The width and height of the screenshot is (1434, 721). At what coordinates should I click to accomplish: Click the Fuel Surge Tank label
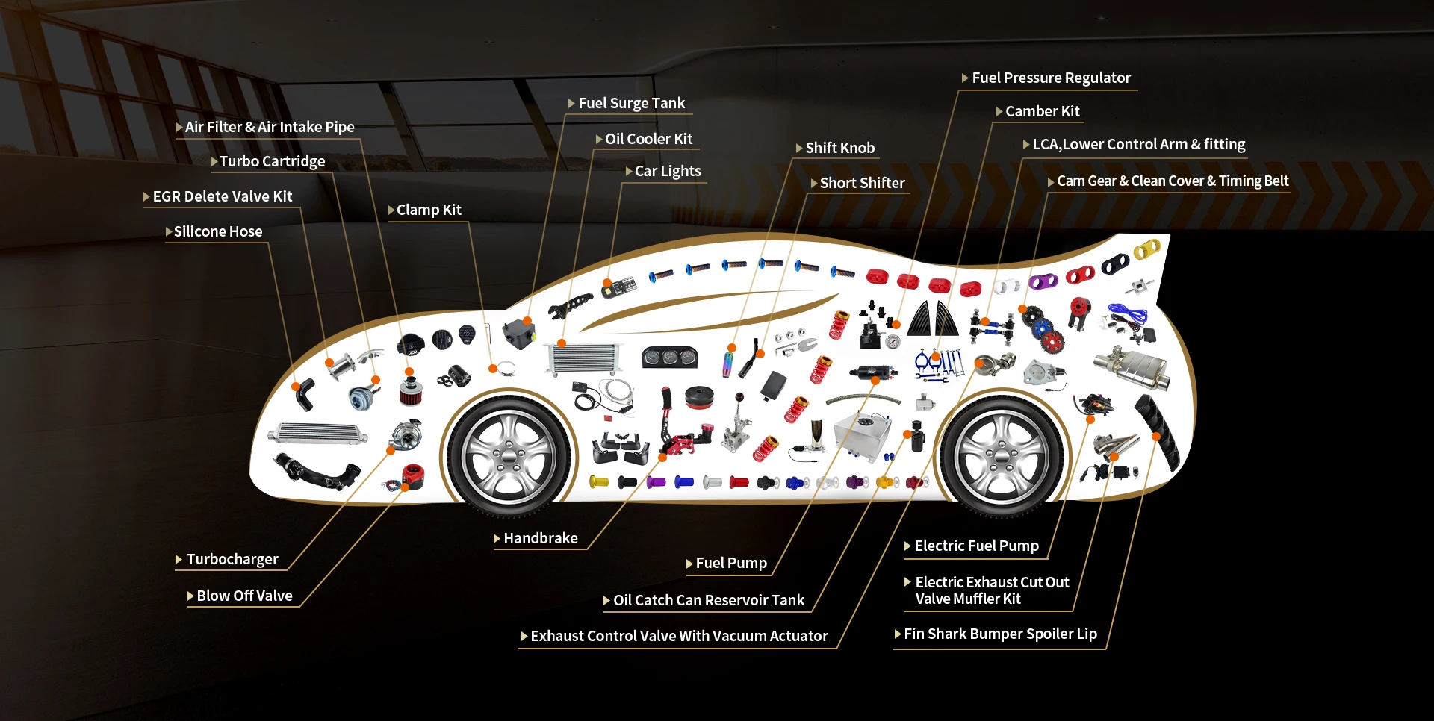[x=631, y=104]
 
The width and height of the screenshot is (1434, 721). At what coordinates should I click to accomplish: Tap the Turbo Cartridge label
[x=272, y=162]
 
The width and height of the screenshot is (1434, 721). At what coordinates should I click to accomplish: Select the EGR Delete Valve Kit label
[x=222, y=197]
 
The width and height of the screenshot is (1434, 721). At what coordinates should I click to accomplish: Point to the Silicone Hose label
[x=217, y=232]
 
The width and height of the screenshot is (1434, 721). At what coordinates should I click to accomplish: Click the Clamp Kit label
[x=429, y=210]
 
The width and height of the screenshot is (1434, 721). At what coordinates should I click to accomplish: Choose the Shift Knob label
[x=839, y=149]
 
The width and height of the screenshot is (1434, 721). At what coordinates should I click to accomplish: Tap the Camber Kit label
[x=1042, y=112]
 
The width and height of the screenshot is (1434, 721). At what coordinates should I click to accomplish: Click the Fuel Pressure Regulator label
[x=1051, y=78]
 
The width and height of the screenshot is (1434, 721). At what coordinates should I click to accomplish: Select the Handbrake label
[x=540, y=539]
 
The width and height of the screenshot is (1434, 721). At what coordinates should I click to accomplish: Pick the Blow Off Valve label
[x=244, y=596]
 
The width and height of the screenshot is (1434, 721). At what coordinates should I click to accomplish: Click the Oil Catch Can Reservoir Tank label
[x=708, y=601]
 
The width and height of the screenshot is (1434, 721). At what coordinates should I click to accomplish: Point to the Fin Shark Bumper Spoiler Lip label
[x=1000, y=634]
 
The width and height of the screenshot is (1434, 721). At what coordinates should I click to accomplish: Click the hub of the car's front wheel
[x=509, y=456]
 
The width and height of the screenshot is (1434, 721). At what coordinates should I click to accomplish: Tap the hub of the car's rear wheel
[x=1001, y=456]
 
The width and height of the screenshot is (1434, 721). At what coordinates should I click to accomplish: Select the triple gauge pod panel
[x=670, y=358]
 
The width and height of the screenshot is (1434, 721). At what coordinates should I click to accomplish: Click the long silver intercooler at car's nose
[x=318, y=434]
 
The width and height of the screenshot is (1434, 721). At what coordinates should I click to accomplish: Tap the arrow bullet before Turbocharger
[x=179, y=560]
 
